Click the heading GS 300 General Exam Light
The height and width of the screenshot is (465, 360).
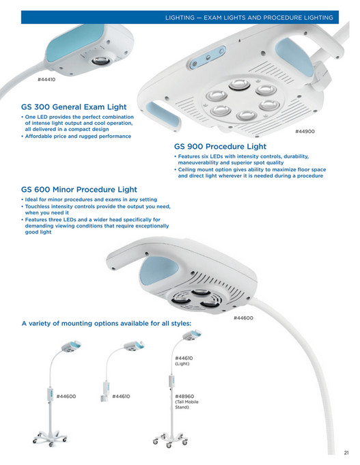coord(74,107)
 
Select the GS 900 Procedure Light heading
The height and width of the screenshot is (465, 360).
coord(220,147)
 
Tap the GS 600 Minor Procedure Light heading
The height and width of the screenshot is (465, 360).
coord(79,190)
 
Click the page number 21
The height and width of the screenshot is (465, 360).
coord(346,453)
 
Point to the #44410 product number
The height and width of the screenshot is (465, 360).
coord(46,79)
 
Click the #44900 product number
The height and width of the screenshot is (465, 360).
coord(305,131)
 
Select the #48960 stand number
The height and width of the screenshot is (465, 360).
coord(184,396)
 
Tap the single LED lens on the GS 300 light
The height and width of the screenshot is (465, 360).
coord(101,61)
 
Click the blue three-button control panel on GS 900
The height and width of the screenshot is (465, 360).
coord(208,57)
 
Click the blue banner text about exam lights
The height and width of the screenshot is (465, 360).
coord(249,18)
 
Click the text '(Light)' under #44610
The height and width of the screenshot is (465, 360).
coord(182,363)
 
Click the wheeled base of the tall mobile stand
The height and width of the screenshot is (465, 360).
coord(170,440)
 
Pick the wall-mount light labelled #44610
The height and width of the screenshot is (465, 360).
coord(122,372)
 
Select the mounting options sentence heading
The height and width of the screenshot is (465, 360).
coord(107,323)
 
